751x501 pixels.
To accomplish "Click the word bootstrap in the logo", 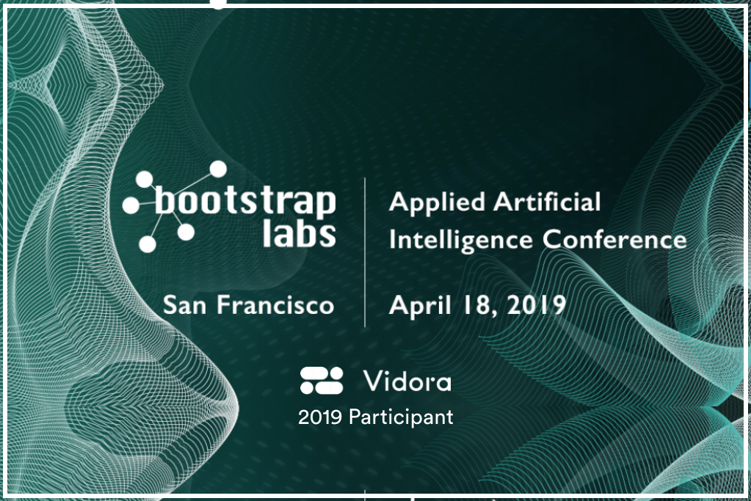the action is click(x=244, y=202).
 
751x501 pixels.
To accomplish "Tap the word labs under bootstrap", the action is click(x=299, y=233).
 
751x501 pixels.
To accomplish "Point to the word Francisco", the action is click(x=275, y=305).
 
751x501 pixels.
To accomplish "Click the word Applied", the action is click(x=437, y=203).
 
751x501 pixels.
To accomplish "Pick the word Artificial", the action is click(x=546, y=201).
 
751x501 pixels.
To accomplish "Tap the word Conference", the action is click(x=614, y=239).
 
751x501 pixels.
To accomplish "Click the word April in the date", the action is click(x=420, y=305).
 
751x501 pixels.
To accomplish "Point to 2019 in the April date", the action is click(x=536, y=305).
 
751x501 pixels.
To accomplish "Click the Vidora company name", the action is click(x=407, y=381).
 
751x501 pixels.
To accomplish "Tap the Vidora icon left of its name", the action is click(x=322, y=381).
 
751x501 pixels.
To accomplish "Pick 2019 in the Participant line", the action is click(x=320, y=417).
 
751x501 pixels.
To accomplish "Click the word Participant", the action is click(x=401, y=417).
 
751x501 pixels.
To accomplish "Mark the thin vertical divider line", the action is click(x=365, y=252).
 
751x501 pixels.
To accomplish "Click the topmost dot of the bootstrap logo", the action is click(x=219, y=169).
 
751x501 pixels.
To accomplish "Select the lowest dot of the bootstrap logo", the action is click(x=148, y=244).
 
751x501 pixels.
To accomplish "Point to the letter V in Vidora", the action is click(x=373, y=381).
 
